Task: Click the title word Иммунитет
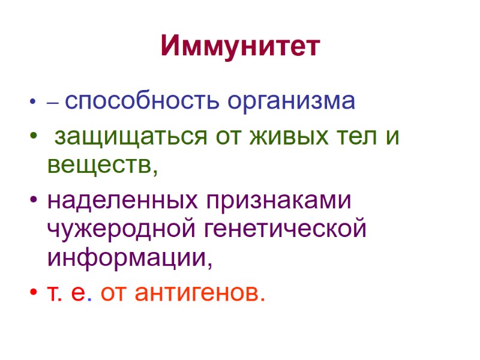[240, 47]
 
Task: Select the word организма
[291, 102]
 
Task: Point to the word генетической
[285, 229]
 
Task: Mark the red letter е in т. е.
[77, 293]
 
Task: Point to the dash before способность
[52, 104]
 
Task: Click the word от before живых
[221, 138]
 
